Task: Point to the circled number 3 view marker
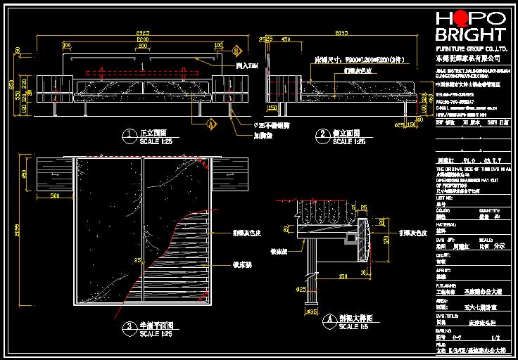coord(128,327)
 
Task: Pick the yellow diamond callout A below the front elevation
coord(210,123)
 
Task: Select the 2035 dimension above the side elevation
coord(341,33)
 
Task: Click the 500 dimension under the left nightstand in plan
coord(55,196)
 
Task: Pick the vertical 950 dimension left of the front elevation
coord(11,85)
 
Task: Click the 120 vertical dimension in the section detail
coord(385,239)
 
